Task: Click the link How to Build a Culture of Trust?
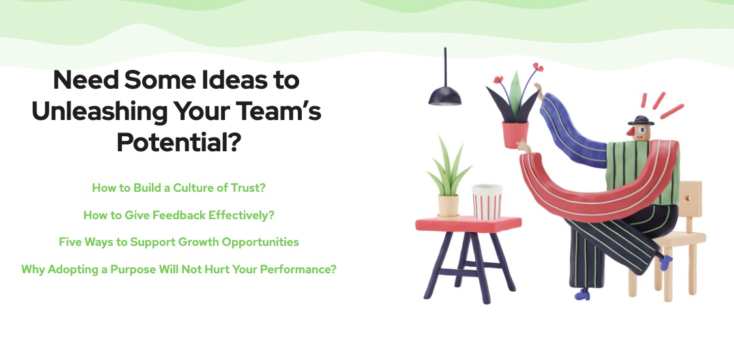[179, 188]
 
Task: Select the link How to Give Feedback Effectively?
[179, 215]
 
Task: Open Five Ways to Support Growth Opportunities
[179, 242]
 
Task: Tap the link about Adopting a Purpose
[179, 269]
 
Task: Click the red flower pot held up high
[516, 134]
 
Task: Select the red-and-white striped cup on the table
[487, 202]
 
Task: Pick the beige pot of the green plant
[448, 206]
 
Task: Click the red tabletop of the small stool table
[468, 224]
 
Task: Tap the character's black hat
[641, 120]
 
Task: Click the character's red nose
[631, 131]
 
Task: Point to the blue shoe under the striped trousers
[583, 295]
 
